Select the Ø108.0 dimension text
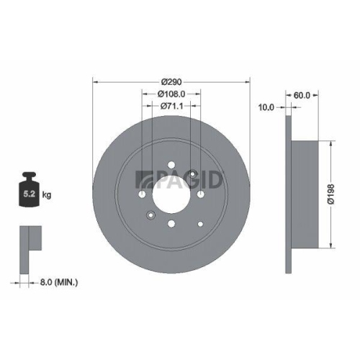click(171, 94)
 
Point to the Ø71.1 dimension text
click(170, 107)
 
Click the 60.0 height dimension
click(302, 94)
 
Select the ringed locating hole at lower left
click(150, 214)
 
